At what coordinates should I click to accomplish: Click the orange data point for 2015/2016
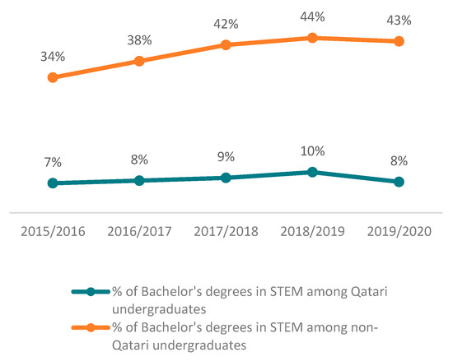click(53, 77)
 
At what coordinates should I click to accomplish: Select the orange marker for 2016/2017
click(139, 61)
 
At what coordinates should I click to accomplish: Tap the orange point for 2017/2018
click(226, 44)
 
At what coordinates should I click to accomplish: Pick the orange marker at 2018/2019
click(312, 37)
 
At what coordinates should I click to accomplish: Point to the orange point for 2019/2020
click(399, 41)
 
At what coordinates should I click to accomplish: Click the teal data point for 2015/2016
click(53, 183)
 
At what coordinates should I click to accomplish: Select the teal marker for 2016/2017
click(139, 180)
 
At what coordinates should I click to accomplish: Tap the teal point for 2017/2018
click(226, 178)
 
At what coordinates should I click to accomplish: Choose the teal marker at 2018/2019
click(312, 172)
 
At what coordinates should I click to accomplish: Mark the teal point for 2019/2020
click(399, 182)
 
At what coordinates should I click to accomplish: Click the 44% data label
click(312, 16)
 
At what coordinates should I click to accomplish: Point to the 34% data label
click(53, 57)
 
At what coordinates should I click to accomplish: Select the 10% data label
click(312, 151)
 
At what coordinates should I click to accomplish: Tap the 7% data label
click(53, 163)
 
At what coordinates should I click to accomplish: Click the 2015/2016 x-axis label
click(53, 232)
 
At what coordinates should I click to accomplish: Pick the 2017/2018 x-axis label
click(226, 232)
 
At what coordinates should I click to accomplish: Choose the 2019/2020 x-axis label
click(399, 232)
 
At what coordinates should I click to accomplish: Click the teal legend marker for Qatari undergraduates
click(91, 291)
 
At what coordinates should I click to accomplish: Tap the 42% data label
click(226, 24)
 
